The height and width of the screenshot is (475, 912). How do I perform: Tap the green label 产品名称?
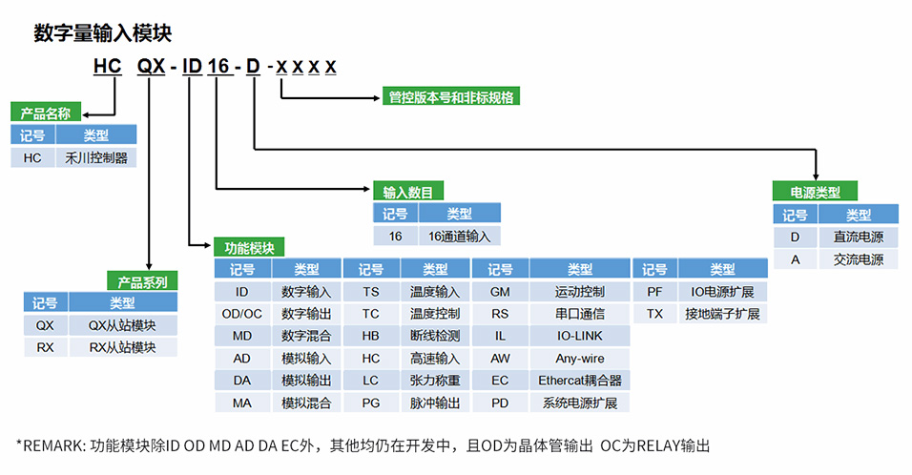coord(45,113)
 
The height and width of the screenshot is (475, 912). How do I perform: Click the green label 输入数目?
coord(407,192)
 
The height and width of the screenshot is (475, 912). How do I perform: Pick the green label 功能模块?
coord(249,247)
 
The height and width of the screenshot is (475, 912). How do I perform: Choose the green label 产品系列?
coord(142,281)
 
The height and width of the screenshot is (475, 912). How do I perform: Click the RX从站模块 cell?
coord(121,347)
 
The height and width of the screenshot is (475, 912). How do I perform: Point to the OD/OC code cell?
coord(241,314)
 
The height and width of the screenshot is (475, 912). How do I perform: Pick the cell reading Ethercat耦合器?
coord(579,381)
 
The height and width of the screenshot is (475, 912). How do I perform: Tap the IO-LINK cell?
coord(579,336)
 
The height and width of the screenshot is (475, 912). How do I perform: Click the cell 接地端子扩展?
coord(722,314)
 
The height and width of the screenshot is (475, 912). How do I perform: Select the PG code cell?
coord(370,403)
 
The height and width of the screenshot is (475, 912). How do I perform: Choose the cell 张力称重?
coord(434,381)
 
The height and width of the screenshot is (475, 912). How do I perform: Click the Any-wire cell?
coord(579,359)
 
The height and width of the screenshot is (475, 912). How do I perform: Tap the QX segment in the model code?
coord(151,67)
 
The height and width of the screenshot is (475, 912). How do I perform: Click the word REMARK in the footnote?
coord(51,445)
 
